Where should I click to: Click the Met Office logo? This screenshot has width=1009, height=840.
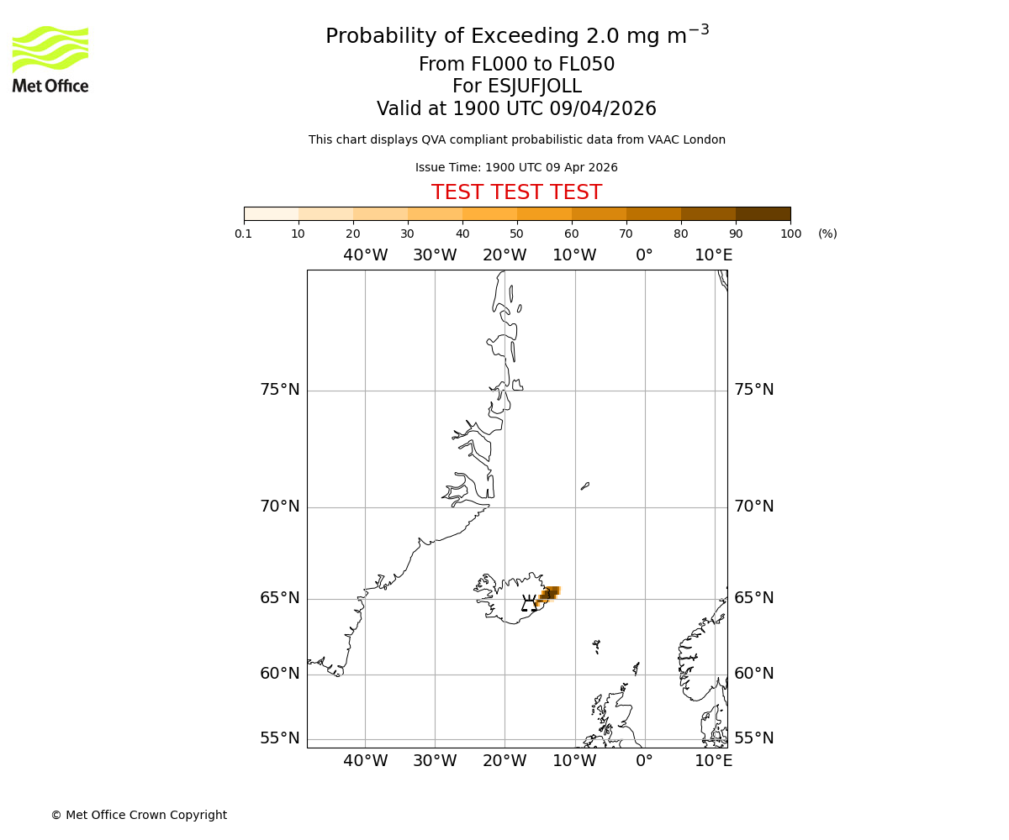point(50,59)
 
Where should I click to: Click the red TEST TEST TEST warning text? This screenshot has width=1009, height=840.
point(516,193)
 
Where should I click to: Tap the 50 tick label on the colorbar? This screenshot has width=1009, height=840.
point(516,234)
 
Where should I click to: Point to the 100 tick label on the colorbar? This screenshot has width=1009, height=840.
point(790,234)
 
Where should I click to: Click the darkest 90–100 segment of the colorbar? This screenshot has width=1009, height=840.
point(763,213)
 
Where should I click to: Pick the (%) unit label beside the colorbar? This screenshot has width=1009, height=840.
point(827,234)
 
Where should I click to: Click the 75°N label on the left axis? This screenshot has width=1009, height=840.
point(279,390)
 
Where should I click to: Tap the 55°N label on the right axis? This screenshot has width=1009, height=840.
point(753,738)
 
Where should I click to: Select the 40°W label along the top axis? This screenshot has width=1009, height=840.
point(365,255)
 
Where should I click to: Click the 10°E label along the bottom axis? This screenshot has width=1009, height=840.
point(713,761)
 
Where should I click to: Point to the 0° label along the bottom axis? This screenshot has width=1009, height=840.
point(644,761)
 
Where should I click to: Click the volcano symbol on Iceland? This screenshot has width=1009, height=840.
point(529,603)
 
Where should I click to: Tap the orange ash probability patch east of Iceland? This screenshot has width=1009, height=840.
point(548,594)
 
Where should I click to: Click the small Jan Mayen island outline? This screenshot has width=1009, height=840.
point(585,486)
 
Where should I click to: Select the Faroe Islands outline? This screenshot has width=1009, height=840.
point(596,646)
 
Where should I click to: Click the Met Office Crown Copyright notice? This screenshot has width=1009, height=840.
point(139,815)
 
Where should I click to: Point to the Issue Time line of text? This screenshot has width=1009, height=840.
point(516,167)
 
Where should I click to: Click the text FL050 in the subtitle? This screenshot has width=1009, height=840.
point(586,65)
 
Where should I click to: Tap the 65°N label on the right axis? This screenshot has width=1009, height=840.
point(753,598)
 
